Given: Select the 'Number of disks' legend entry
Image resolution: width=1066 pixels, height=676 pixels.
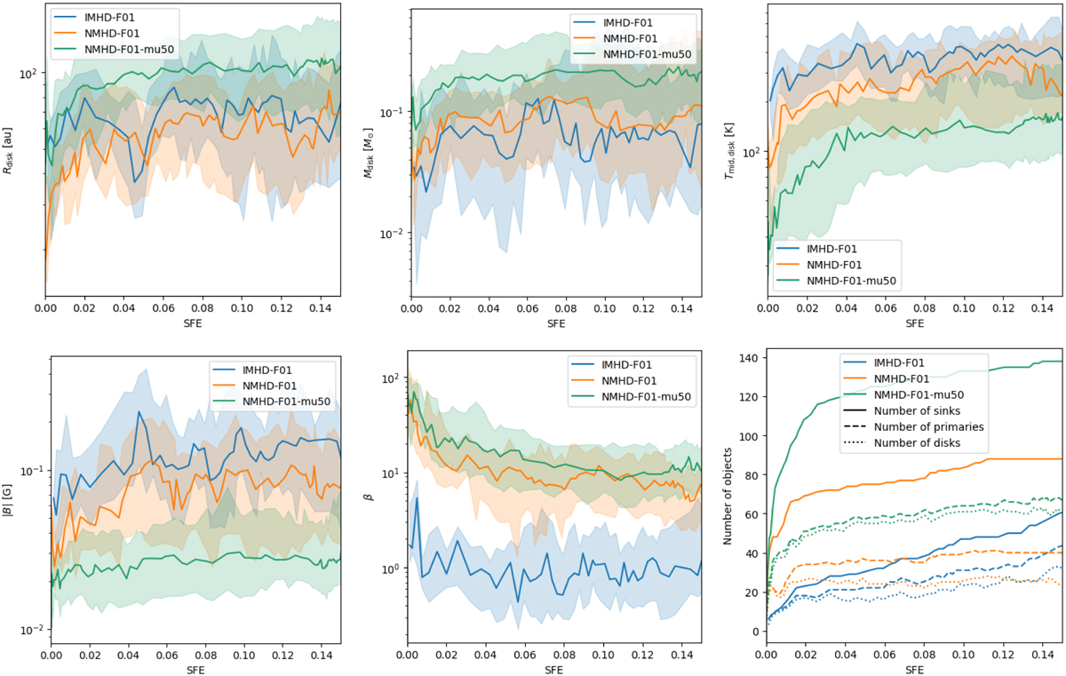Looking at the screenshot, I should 917,442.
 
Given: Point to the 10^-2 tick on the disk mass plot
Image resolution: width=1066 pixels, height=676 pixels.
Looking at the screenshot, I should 391,234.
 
